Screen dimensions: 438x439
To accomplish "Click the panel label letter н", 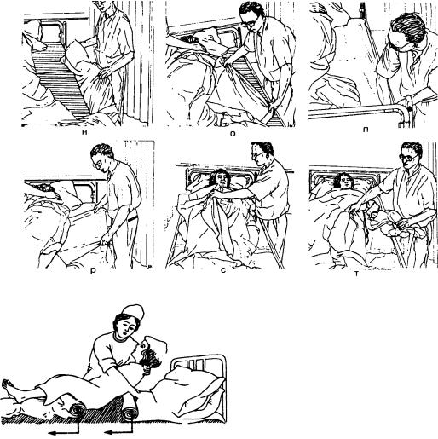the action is [x=84, y=131].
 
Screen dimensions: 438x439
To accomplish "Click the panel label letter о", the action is [x=233, y=133].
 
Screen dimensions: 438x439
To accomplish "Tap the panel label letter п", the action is [x=366, y=130].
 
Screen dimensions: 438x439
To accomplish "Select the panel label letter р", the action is [x=93, y=271].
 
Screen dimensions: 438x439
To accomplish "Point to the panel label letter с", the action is [x=223, y=270].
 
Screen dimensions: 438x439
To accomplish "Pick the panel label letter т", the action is [x=356, y=274].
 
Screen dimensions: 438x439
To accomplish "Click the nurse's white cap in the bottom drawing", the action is [x=133, y=312].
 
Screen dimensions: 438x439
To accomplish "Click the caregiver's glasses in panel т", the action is [x=408, y=157].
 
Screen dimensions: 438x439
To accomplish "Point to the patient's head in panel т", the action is [x=343, y=182].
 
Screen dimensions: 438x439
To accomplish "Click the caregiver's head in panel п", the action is [x=406, y=31].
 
